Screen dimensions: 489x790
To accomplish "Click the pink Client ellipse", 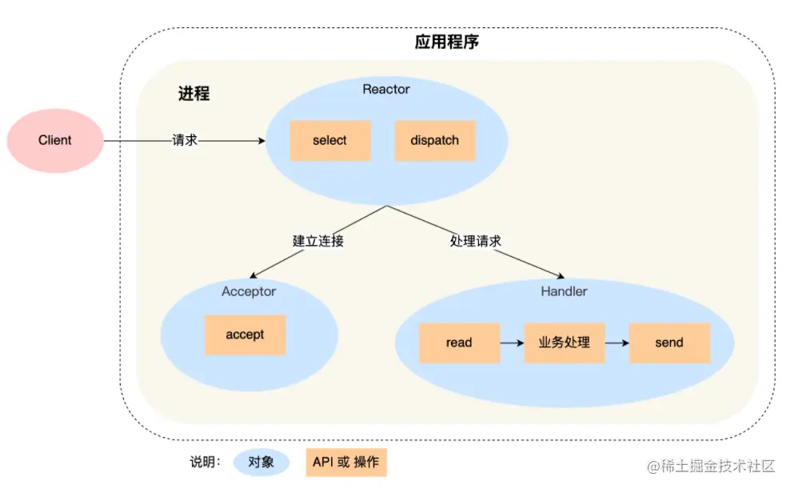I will pyautogui.click(x=55, y=141).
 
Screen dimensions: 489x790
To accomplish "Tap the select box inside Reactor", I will pyautogui.click(x=329, y=141).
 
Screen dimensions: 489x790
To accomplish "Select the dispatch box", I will pyautogui.click(x=435, y=141).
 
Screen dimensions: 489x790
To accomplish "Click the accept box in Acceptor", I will pyautogui.click(x=245, y=335).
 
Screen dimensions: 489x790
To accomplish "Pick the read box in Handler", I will pyautogui.click(x=459, y=343).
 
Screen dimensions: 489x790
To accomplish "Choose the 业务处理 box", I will pyautogui.click(x=565, y=343).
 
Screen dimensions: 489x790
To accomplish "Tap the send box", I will pyautogui.click(x=669, y=343).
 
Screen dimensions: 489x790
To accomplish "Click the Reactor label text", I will pyautogui.click(x=386, y=89).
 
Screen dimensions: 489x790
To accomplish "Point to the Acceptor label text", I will pyautogui.click(x=249, y=291).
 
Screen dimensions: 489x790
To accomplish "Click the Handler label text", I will pyautogui.click(x=564, y=291).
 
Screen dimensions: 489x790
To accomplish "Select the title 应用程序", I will pyautogui.click(x=447, y=42).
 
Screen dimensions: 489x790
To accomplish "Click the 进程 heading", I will pyautogui.click(x=194, y=94).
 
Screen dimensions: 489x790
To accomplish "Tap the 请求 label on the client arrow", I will pyautogui.click(x=185, y=141).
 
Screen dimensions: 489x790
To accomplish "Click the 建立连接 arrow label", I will pyautogui.click(x=318, y=240).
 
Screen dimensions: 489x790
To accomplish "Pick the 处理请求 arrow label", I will pyautogui.click(x=476, y=240).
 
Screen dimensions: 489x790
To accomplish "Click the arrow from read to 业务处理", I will pyautogui.click(x=512, y=343).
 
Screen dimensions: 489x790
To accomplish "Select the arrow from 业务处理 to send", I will pyautogui.click(x=616, y=343).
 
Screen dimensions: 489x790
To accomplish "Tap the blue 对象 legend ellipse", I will pyautogui.click(x=261, y=462).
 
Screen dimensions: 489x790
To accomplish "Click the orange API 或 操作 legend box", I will pyautogui.click(x=345, y=462).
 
